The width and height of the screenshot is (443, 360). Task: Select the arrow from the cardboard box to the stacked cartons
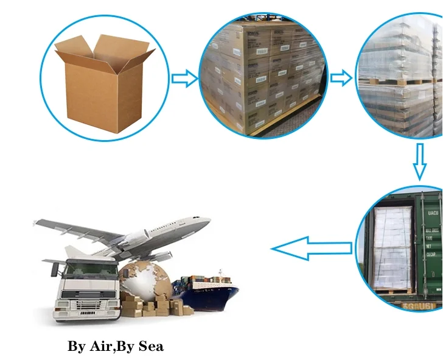pyautogui.click(x=184, y=78)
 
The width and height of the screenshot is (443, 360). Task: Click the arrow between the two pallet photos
pyautogui.click(x=341, y=77)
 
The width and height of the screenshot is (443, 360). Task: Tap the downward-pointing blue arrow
pyautogui.click(x=419, y=161)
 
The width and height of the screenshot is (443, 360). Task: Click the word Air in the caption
pyautogui.click(x=100, y=347)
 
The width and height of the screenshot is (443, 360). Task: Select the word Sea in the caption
pyautogui.click(x=152, y=347)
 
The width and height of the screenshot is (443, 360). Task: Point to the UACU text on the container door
pyautogui.click(x=433, y=213)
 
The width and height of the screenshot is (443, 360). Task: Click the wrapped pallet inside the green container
pyautogui.click(x=393, y=247)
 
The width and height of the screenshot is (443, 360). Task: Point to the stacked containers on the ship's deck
pyautogui.click(x=207, y=281)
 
